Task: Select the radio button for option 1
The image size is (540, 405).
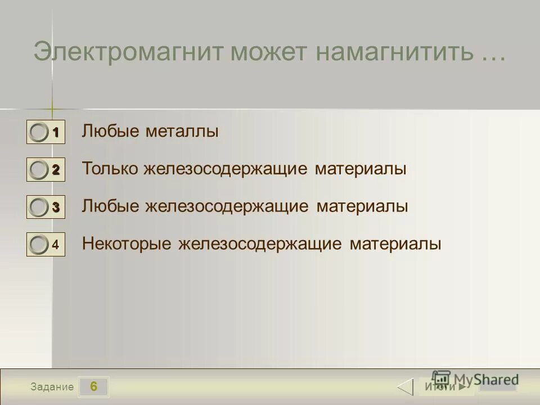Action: pyautogui.click(x=39, y=133)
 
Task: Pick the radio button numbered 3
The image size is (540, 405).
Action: pyautogui.click(x=39, y=207)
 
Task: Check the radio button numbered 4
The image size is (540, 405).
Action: pyautogui.click(x=39, y=244)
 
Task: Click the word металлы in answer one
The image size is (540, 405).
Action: pyautogui.click(x=182, y=132)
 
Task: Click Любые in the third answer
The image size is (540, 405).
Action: pyautogui.click(x=110, y=206)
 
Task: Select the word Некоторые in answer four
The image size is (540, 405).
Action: pyautogui.click(x=127, y=244)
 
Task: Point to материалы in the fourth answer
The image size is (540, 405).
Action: pyautogui.click(x=395, y=244)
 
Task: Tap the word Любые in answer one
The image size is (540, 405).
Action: pyautogui.click(x=110, y=132)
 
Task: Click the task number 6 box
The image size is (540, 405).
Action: pyautogui.click(x=93, y=386)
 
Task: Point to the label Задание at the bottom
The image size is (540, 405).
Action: pyautogui.click(x=52, y=387)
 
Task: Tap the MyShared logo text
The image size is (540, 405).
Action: pyautogui.click(x=484, y=379)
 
